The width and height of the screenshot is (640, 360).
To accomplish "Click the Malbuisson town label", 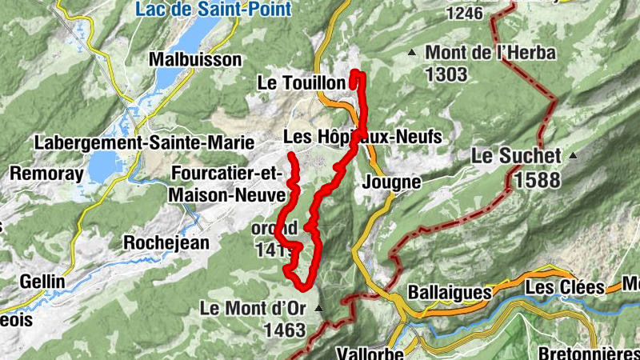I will pos(195,59).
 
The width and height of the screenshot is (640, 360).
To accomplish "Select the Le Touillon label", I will pos(301,82).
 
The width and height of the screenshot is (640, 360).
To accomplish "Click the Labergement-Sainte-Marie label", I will pos(144,142).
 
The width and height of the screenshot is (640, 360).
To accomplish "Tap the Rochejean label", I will pos(166,242).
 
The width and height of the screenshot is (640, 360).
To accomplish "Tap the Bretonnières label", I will pos(589,352).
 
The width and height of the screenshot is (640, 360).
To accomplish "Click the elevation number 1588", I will pos(537,180).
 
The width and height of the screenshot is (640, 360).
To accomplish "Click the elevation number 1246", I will pos(465,12).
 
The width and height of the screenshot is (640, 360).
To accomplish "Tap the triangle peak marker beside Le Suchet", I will pos(572,156).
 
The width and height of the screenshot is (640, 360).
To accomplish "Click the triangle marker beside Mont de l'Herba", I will pos(412,54).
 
